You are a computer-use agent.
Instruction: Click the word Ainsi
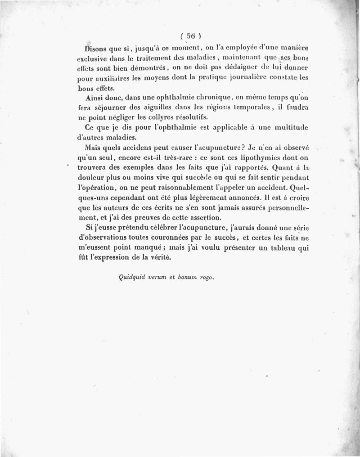pos(95,98)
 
